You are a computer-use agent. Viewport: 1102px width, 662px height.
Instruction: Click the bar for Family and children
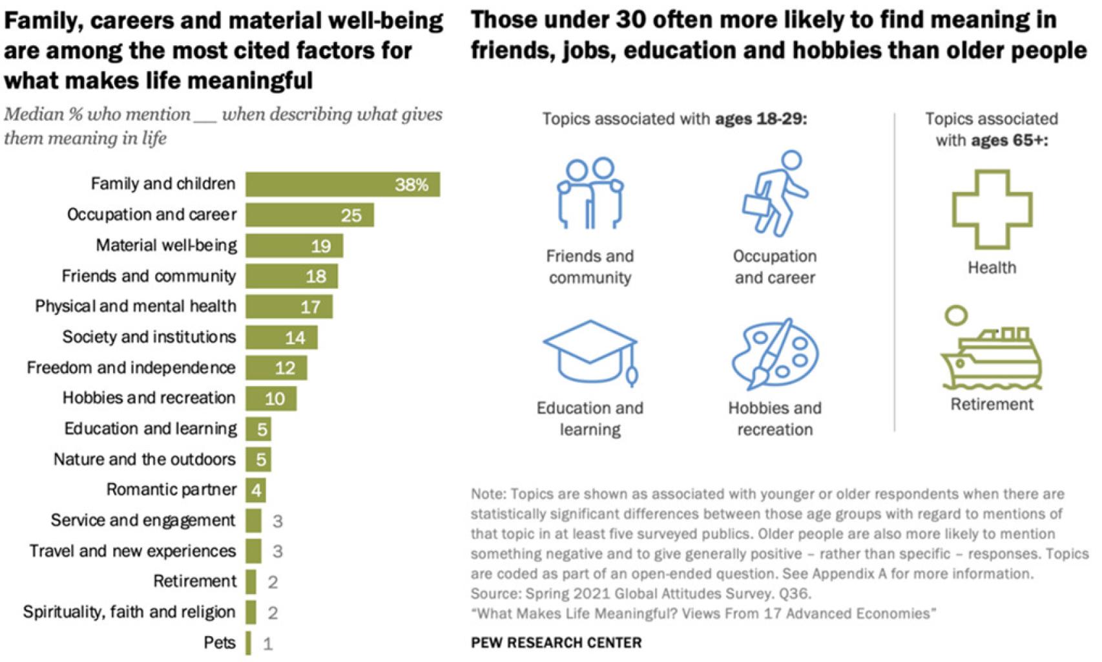[342, 184]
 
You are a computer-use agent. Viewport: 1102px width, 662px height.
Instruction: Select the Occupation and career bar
[309, 215]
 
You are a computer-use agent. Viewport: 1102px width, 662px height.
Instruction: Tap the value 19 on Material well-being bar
[320, 246]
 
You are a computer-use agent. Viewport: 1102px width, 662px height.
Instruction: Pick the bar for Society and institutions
[281, 337]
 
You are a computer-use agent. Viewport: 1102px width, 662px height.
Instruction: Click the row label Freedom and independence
[131, 368]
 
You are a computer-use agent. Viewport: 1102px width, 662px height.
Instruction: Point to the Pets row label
[220, 643]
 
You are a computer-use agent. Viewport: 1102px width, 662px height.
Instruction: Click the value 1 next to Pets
[268, 644]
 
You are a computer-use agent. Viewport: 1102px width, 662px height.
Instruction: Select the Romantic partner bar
[256, 490]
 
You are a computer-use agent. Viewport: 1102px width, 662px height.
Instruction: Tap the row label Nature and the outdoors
[145, 460]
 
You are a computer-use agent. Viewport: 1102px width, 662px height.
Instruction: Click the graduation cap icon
[590, 353]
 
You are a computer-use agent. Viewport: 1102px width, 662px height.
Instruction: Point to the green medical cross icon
[992, 209]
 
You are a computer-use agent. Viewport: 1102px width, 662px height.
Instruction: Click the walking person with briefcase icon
[775, 194]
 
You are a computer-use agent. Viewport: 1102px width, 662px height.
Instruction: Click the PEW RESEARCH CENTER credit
[556, 643]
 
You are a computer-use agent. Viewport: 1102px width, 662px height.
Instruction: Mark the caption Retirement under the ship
[992, 405]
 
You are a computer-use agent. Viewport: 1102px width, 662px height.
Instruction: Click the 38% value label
[411, 185]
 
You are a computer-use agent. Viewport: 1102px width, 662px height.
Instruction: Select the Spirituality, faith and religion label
[129, 612]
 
